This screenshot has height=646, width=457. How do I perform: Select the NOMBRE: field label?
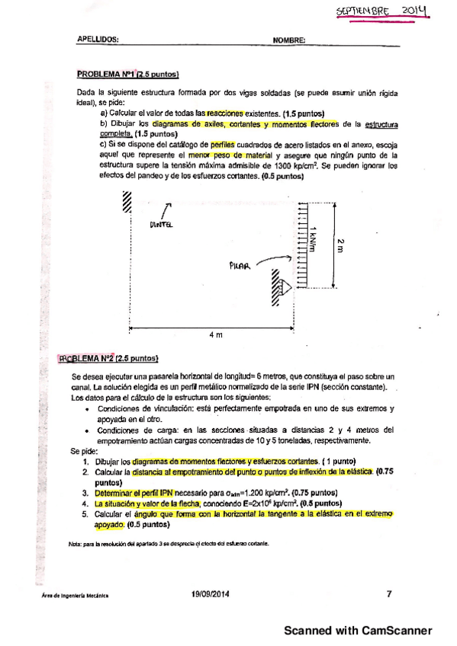(289, 40)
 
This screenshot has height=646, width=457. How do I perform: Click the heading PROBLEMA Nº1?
(106, 75)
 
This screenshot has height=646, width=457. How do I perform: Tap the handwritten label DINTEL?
(161, 224)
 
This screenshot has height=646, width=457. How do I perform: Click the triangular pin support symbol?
(284, 287)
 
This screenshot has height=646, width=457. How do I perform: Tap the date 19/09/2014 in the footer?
(211, 594)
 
